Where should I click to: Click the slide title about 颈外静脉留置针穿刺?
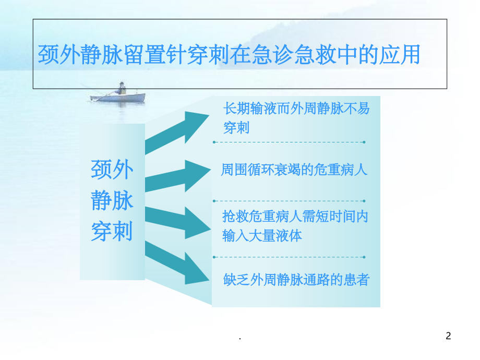(x=229, y=55)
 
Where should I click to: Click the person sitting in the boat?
(x=122, y=88)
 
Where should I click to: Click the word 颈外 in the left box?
(x=112, y=170)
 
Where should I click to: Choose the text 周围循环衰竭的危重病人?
(x=294, y=171)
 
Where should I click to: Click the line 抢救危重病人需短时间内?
(x=295, y=216)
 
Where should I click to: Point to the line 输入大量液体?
(x=262, y=236)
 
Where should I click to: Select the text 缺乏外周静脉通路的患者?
(x=296, y=280)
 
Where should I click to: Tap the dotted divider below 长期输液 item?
(x=289, y=142)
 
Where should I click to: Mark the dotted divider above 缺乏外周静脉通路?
(x=289, y=257)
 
